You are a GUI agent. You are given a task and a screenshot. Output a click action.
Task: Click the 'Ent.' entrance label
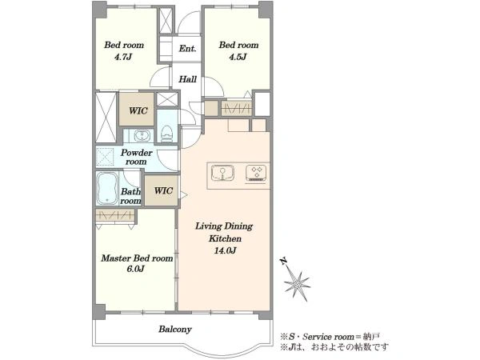click(187, 49)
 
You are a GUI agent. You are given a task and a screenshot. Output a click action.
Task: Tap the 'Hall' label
click(187, 79)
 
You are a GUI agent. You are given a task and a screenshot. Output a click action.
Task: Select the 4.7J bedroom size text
click(123, 57)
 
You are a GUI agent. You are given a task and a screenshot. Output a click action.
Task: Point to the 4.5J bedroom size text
click(238, 57)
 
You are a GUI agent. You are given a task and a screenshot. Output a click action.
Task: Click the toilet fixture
click(167, 134)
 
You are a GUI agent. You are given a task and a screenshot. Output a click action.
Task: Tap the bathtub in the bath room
click(107, 188)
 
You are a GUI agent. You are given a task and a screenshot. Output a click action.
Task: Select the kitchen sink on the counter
click(222, 174)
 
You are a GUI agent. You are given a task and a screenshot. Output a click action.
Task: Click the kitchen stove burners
click(256, 174)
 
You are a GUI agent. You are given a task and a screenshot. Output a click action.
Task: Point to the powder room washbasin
click(142, 135)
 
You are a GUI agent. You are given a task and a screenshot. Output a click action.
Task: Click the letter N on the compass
click(284, 261)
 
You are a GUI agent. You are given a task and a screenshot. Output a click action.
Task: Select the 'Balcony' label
click(175, 329)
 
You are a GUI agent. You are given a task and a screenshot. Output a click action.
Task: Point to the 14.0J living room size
click(225, 250)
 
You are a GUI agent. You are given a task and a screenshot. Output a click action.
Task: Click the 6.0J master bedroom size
click(135, 269)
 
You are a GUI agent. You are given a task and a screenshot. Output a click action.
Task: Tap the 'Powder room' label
click(136, 157)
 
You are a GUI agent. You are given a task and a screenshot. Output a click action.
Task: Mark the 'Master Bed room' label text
click(137, 258)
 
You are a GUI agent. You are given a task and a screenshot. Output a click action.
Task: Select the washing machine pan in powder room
click(105, 157)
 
